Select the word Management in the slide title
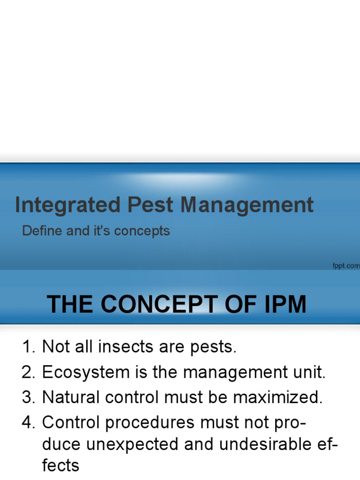247,205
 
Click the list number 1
28,347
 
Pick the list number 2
28,373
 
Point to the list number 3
28,397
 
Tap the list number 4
28,423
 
